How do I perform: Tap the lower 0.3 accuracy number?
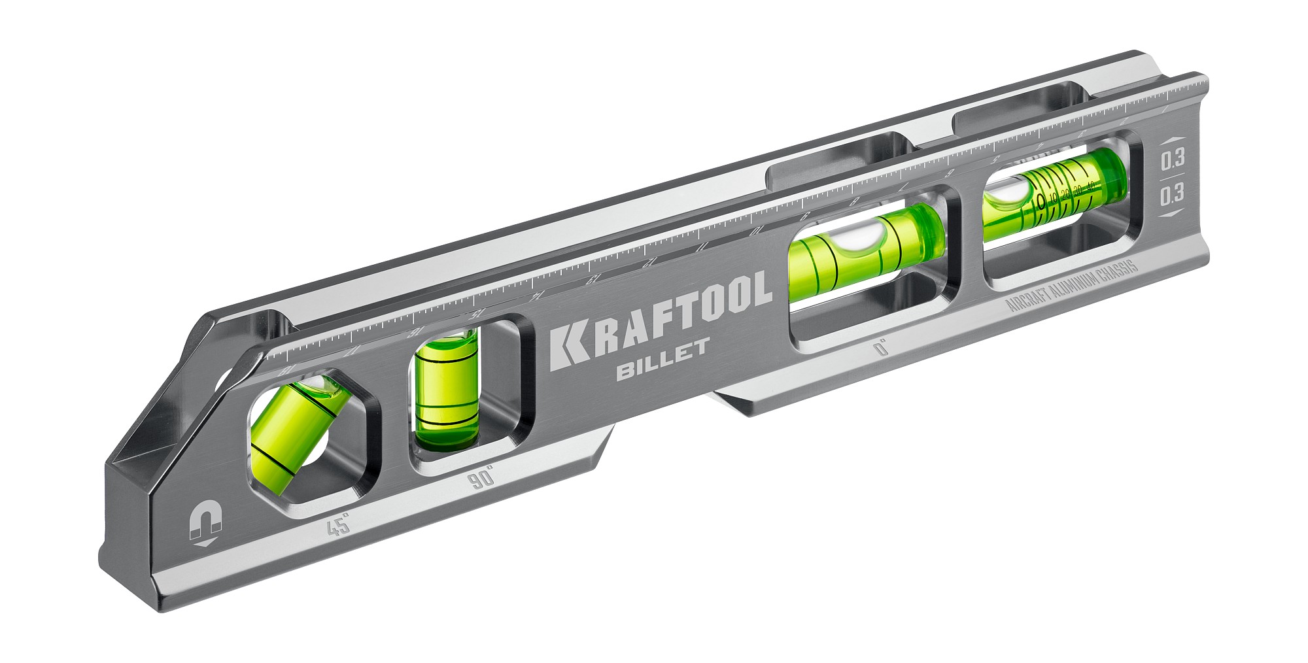1172,194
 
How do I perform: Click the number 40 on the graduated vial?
1090,186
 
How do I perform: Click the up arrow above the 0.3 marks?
1171,140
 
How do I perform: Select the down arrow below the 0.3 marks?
1171,214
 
